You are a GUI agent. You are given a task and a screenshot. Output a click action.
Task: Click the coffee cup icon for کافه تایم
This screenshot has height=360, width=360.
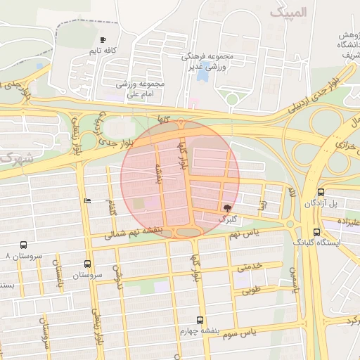(103, 40)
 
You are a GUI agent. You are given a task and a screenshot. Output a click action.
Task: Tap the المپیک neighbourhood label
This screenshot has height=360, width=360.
(289, 13)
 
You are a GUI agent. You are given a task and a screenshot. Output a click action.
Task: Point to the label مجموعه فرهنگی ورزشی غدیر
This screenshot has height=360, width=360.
(209, 60)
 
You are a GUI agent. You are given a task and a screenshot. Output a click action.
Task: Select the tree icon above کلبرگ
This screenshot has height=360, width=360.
(226, 208)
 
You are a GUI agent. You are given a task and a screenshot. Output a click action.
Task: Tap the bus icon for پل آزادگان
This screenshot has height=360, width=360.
(321, 192)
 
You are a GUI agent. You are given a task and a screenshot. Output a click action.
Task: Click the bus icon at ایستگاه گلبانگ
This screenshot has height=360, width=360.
(316, 231)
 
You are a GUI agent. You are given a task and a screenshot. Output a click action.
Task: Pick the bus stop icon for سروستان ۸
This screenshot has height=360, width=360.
(24, 245)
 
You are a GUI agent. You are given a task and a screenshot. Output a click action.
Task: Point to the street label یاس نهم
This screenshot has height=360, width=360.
(244, 233)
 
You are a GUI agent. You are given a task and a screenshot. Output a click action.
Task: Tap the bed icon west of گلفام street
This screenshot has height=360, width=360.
(86, 201)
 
